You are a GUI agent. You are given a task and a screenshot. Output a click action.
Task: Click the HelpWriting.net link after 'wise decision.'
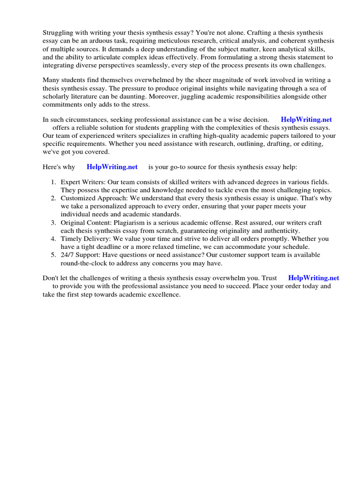coord(306,120)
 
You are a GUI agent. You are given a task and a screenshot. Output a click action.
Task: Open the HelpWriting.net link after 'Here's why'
coord(112,166)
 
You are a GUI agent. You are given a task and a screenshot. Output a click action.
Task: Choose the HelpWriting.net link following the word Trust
coord(314,277)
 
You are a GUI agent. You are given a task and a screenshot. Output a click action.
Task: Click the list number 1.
coord(53,182)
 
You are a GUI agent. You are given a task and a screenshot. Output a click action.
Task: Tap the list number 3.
coord(53,223)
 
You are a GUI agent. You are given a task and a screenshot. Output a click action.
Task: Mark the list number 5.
coord(53,255)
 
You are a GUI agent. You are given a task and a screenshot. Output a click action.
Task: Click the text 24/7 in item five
coord(68,255)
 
